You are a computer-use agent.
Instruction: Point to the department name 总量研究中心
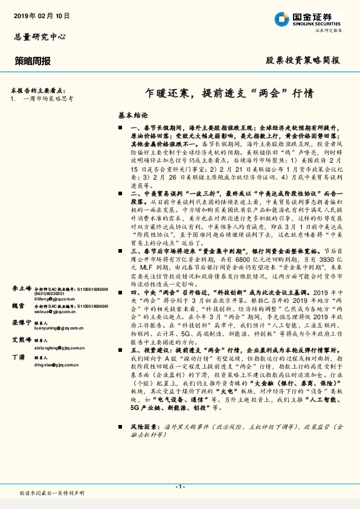coord(40,37)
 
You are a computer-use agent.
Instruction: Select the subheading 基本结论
coord(132,114)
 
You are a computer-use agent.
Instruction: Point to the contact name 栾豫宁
coord(21,323)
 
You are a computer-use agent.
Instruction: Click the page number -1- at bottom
coord(179,487)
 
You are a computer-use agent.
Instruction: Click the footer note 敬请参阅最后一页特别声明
coord(52,493)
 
